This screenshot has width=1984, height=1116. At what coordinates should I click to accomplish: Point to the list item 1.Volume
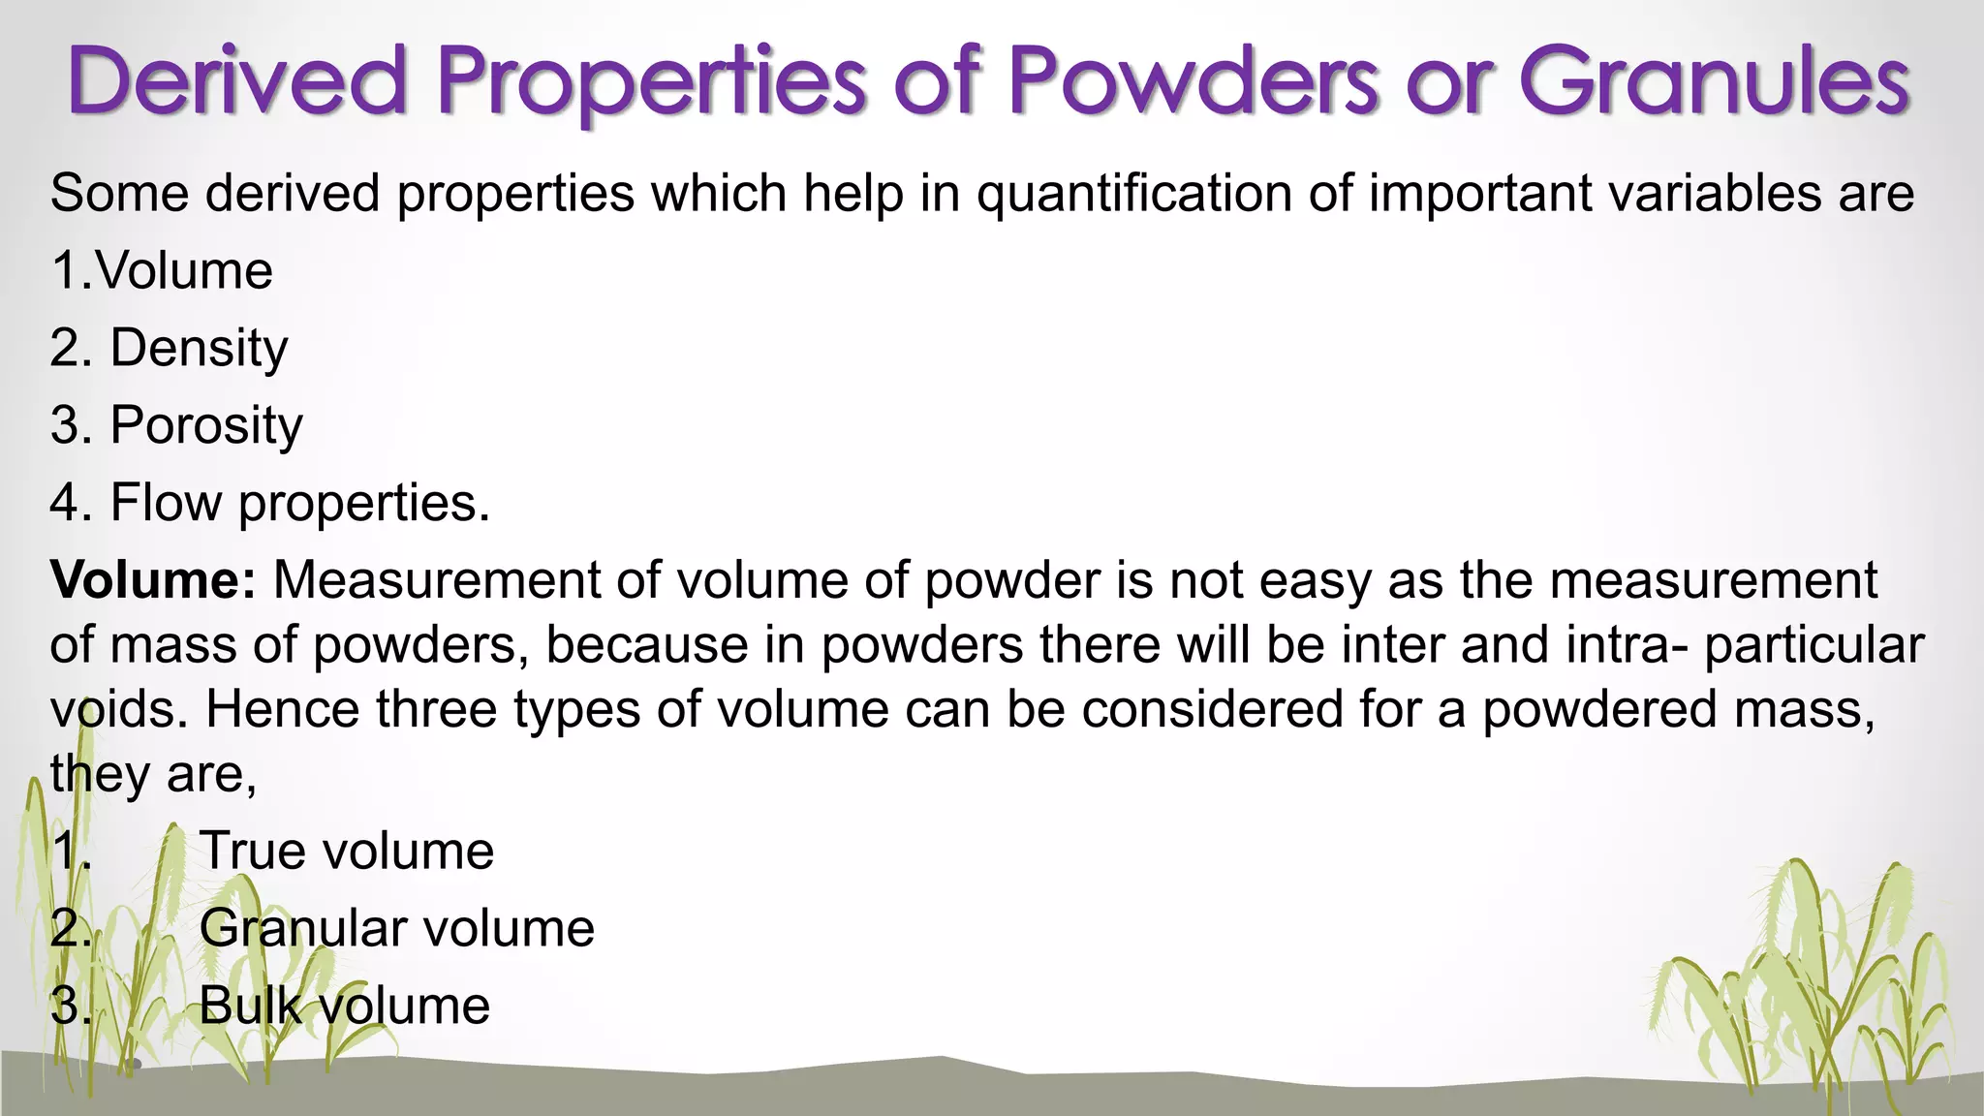pos(162,270)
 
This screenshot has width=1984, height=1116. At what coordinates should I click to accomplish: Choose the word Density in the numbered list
pos(199,349)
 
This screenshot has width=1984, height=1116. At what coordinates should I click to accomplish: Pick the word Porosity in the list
pos(206,425)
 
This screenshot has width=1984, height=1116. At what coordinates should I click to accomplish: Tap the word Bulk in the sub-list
pos(251,1006)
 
